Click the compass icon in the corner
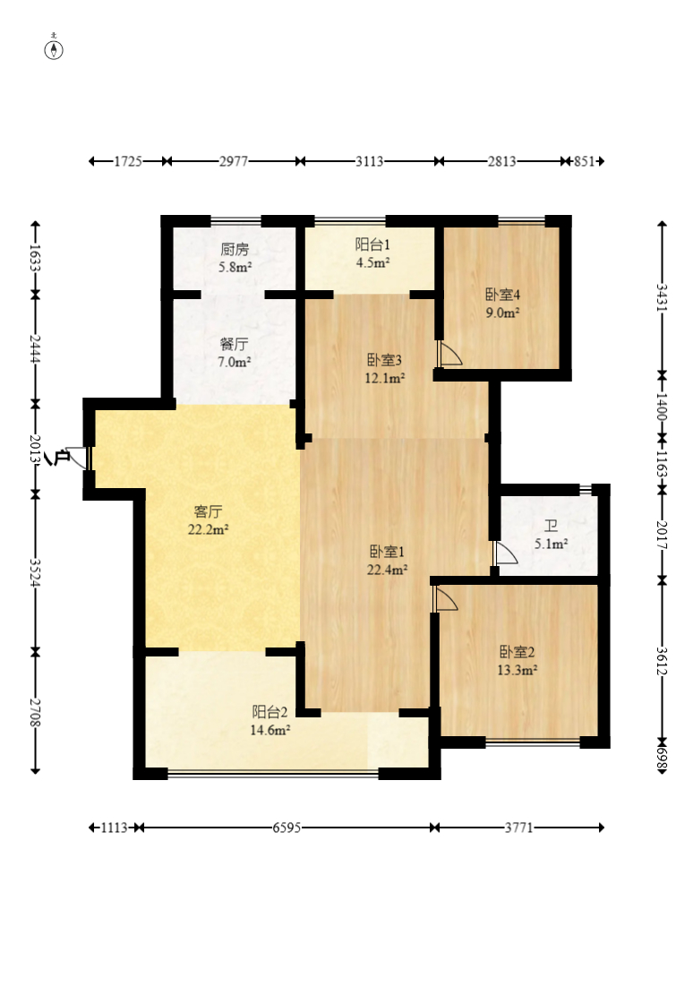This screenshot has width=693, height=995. [54, 48]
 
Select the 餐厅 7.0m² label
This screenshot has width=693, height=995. [235, 353]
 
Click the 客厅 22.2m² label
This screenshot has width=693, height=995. [208, 519]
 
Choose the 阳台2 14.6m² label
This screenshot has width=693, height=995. [269, 721]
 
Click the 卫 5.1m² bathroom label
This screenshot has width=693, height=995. [551, 535]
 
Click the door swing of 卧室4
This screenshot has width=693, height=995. [449, 354]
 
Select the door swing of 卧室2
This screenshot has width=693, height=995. [445, 598]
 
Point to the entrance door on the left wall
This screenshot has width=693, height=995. [78, 458]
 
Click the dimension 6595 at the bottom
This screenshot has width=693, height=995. [287, 828]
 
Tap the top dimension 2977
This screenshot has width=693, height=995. [234, 161]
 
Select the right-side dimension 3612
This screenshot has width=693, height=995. [662, 661]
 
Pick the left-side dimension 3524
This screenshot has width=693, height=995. [36, 574]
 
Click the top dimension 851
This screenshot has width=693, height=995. [584, 161]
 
